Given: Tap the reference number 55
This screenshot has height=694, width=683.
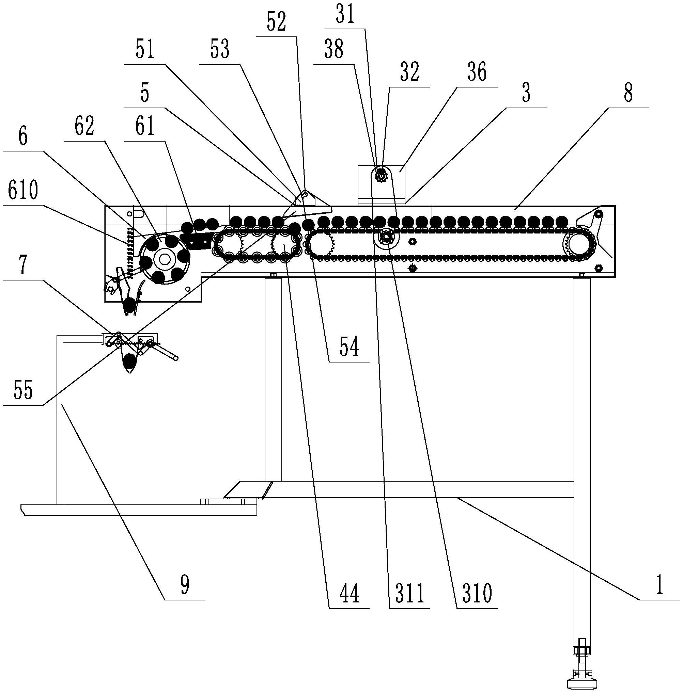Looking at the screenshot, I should click(23, 390).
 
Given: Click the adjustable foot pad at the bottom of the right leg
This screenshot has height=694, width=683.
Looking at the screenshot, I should click(581, 683).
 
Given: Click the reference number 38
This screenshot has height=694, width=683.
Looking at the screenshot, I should click(333, 49).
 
